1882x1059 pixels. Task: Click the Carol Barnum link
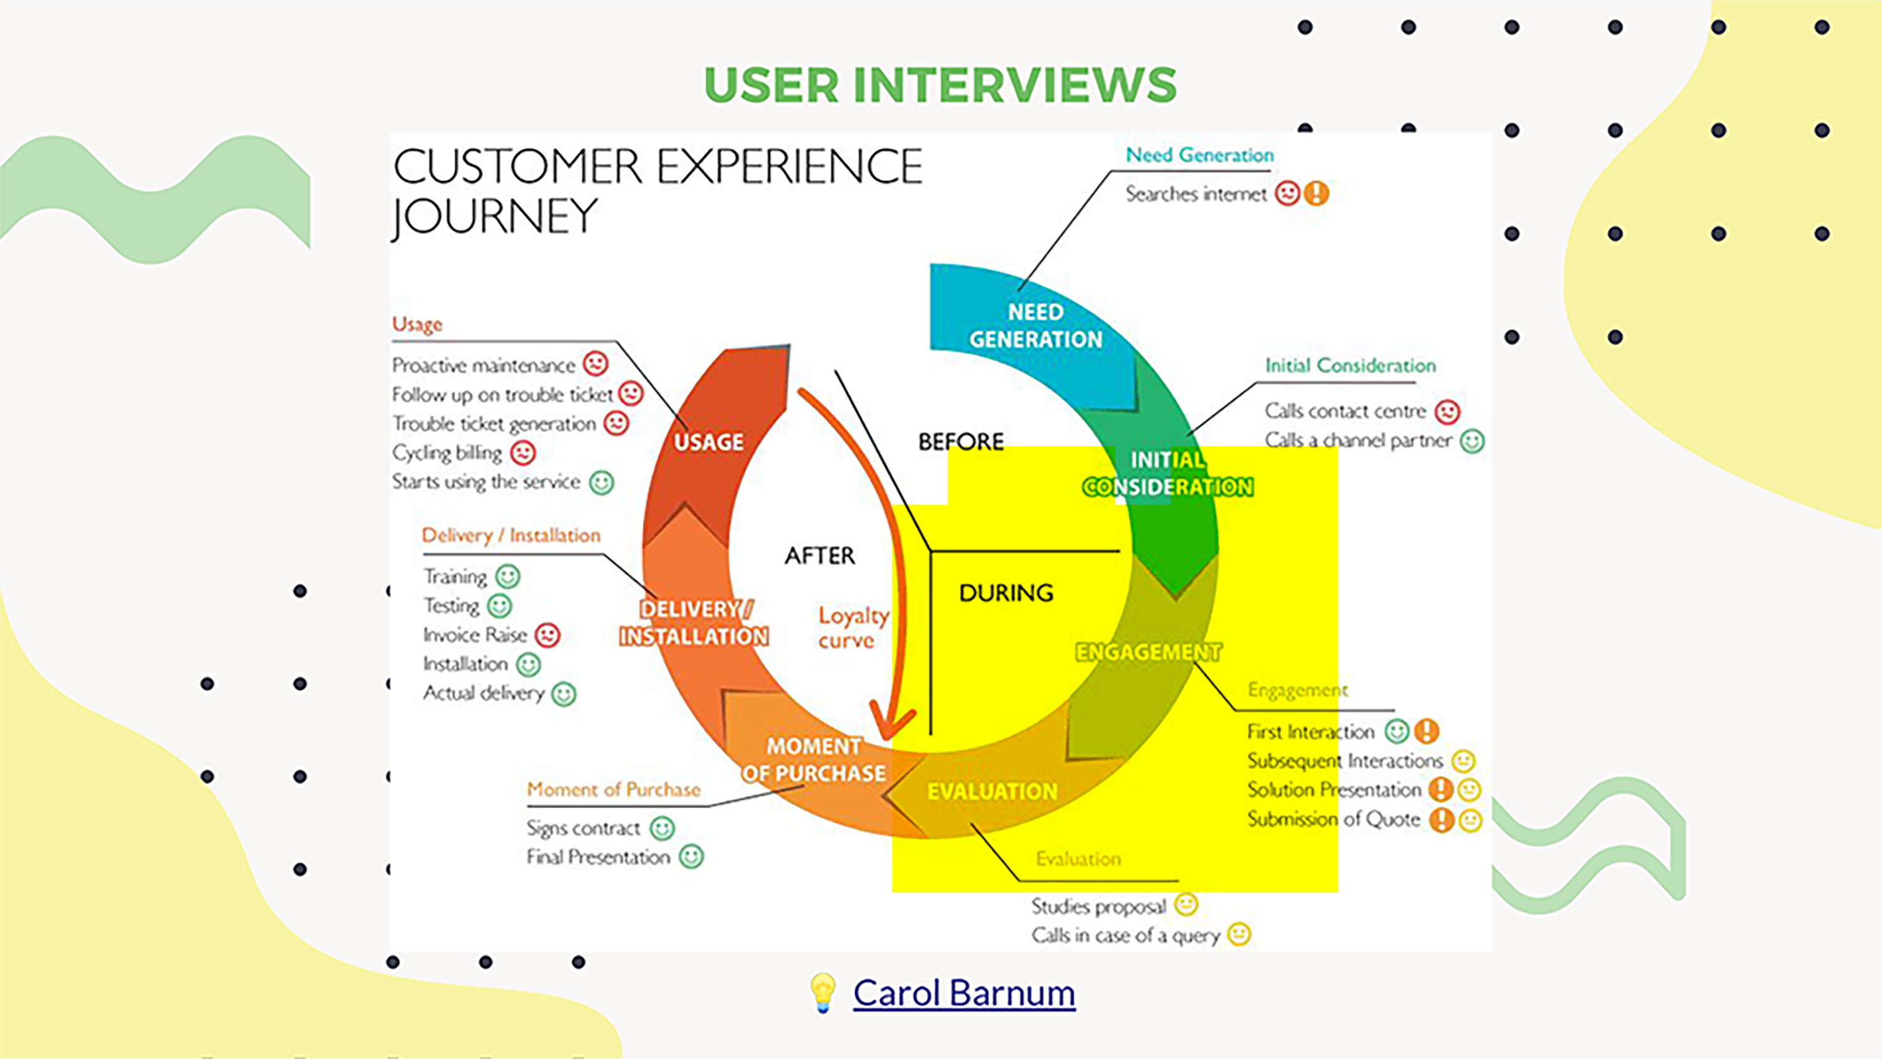(964, 993)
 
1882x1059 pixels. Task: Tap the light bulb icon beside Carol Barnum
(822, 992)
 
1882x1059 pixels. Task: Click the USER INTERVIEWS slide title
(940, 85)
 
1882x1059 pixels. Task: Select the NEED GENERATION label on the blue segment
(1035, 326)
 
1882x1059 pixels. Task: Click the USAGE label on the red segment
(708, 442)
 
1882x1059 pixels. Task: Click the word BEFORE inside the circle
(960, 442)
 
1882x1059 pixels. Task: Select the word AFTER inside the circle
(819, 555)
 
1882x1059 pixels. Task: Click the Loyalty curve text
(852, 628)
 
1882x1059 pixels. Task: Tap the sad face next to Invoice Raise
(547, 635)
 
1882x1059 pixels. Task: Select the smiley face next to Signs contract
(662, 828)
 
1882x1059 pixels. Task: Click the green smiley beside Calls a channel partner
(1472, 442)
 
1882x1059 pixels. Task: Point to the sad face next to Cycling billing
(523, 453)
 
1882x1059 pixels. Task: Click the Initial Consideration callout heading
(1350, 365)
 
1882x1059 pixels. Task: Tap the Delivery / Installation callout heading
(511, 536)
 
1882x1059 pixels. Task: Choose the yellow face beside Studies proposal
(1186, 905)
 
